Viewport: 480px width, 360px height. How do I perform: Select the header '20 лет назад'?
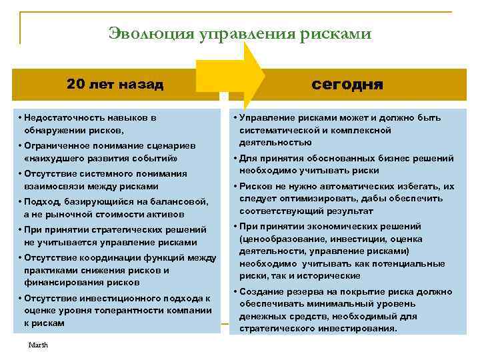click(115, 85)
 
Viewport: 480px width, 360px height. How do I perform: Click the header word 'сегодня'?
click(347, 85)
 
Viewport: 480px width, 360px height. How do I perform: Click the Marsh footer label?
click(39, 345)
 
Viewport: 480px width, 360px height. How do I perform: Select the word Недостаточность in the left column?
click(64, 117)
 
